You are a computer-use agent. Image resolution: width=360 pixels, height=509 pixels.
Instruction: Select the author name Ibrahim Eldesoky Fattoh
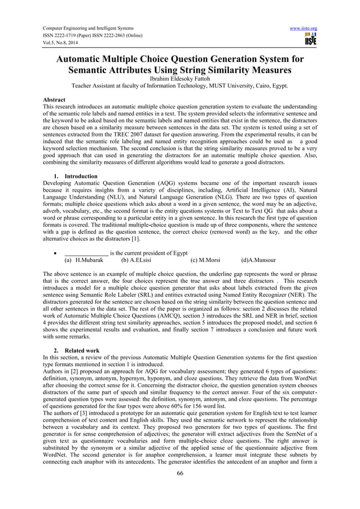coord(180,80)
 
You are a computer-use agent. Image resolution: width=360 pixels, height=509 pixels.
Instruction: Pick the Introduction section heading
coord(80,177)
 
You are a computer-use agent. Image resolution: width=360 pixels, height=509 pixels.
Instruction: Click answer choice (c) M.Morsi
coord(207,261)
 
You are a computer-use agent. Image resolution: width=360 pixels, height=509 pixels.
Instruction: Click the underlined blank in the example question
coord(86,253)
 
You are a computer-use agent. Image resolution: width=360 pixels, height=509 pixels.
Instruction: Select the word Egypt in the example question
coord(177,253)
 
